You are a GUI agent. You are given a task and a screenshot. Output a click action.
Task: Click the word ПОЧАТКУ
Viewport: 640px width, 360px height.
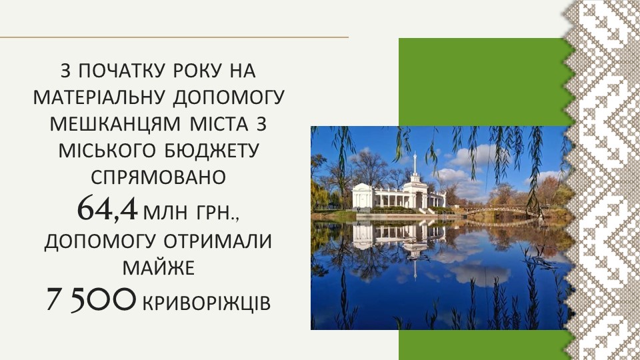(x=121, y=71)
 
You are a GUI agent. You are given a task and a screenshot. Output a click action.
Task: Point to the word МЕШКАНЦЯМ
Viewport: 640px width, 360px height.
(x=114, y=124)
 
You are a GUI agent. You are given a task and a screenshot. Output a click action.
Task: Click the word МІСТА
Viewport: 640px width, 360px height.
(x=219, y=124)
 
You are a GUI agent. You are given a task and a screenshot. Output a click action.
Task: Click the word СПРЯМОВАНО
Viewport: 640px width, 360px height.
(x=158, y=177)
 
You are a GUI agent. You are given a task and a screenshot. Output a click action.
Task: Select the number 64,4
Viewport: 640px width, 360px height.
(x=107, y=208)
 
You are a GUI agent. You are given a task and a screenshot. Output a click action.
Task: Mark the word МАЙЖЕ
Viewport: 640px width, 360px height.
(x=159, y=268)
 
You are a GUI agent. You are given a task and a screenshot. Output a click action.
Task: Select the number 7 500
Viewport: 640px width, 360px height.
(x=90, y=299)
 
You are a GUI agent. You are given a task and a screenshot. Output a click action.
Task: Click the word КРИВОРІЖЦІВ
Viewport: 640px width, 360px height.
(x=206, y=303)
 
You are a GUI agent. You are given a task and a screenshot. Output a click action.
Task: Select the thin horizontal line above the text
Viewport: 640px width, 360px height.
(x=174, y=37)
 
